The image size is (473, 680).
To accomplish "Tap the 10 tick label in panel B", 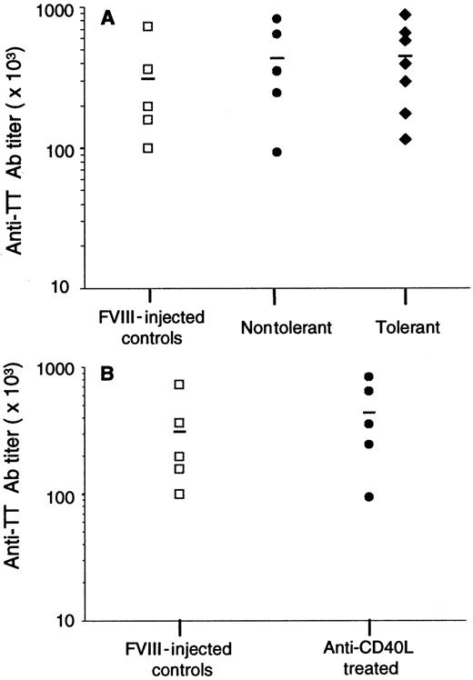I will pos(64,622).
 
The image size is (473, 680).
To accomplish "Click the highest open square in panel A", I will pos(148,26).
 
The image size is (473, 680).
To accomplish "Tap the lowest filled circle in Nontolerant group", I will pos(277,152).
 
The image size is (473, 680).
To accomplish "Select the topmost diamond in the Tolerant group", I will pos(405,15).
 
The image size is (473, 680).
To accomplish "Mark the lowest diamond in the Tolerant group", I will pos(405,138).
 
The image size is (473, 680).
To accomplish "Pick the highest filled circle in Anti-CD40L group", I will pos(368,376).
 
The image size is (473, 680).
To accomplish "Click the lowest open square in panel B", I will pos(180,494).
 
